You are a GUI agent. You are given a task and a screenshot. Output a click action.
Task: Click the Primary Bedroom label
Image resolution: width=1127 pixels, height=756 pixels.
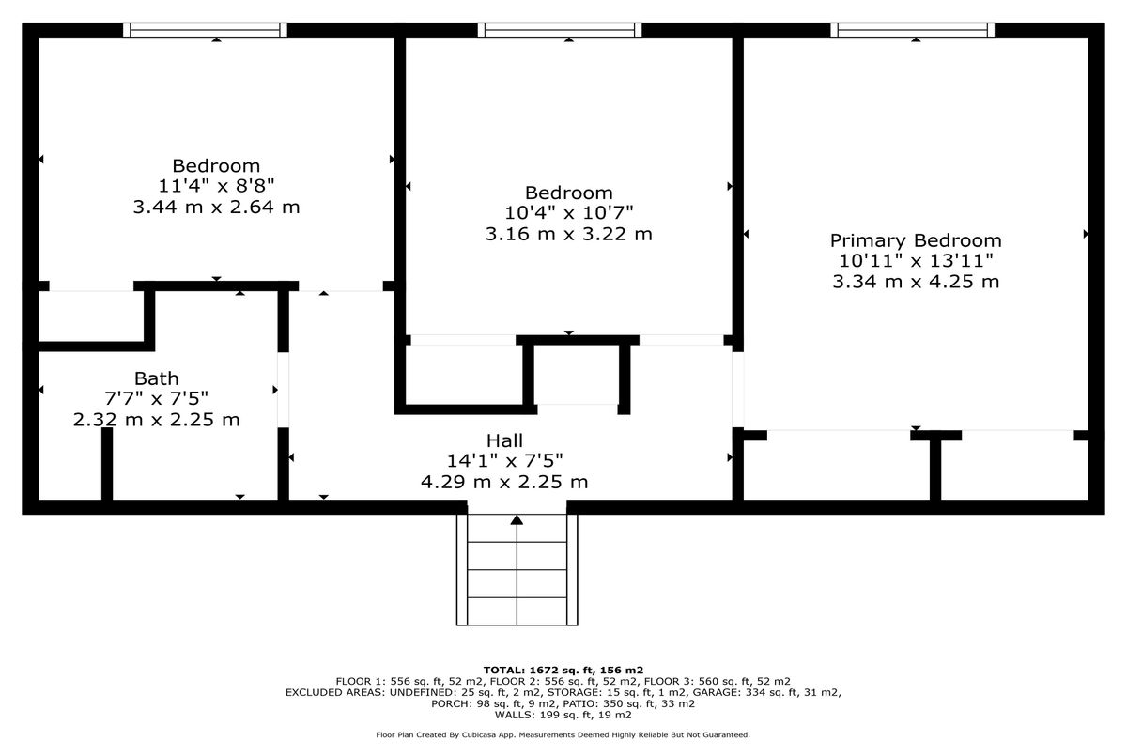point(915,240)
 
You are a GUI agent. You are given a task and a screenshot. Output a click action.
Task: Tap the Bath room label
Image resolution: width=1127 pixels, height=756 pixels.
point(156,378)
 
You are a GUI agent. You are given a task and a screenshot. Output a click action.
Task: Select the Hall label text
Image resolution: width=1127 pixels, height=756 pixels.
point(504,440)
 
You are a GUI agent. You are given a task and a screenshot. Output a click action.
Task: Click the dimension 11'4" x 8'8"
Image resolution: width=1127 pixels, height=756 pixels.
point(216,186)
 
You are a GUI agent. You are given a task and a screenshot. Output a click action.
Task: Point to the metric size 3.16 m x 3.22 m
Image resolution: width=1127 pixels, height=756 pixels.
point(568,234)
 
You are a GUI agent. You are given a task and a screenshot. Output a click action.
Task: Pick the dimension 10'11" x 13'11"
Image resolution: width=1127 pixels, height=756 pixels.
point(915,261)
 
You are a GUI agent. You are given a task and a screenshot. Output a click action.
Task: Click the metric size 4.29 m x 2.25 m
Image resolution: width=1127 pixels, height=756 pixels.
point(504,482)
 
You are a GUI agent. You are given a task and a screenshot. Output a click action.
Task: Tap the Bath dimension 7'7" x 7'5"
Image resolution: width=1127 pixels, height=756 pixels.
point(156,399)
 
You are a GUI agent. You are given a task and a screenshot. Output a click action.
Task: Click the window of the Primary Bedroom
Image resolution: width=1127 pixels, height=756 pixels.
point(912,30)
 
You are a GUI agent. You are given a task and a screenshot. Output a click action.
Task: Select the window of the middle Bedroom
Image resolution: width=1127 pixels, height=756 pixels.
point(560,30)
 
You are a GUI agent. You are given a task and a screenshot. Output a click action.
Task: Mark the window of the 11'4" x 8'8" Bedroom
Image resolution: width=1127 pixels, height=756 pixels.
point(206,30)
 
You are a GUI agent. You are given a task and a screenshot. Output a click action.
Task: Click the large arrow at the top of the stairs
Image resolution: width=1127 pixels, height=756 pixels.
point(517,520)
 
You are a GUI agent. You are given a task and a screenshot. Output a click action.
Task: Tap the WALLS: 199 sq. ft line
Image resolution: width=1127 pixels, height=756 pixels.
point(563,715)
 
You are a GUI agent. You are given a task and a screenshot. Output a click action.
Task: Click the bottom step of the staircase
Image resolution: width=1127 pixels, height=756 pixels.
point(517,610)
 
